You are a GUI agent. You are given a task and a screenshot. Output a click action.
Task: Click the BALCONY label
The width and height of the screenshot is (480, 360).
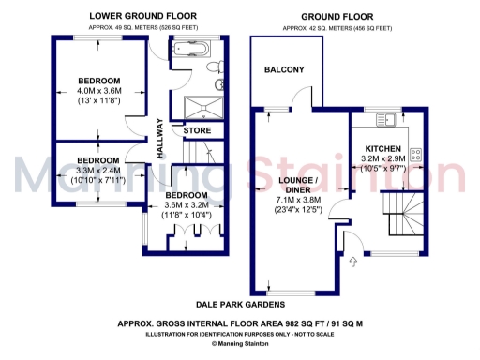[283, 70]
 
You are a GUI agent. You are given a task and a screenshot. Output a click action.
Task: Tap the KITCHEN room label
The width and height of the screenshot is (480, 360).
[383, 149]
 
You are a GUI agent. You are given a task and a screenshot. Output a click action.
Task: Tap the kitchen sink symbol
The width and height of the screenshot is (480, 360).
[386, 118]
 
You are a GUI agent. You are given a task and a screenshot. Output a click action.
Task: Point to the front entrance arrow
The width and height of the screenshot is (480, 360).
[353, 262]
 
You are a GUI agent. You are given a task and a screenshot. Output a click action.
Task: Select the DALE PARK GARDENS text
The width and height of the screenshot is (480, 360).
[239, 305]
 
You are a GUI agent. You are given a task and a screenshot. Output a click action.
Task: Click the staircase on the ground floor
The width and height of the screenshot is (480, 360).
[403, 216]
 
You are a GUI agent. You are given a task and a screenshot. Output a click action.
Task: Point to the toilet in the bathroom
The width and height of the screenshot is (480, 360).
[218, 85]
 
